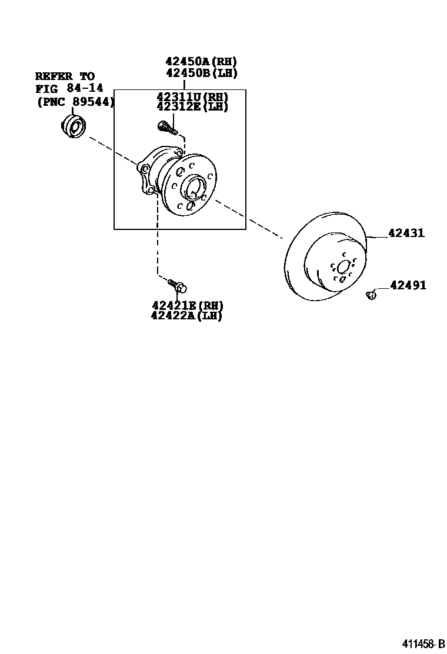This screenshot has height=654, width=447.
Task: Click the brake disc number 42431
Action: pyautogui.click(x=406, y=233)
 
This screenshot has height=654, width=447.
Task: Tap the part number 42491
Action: pyautogui.click(x=408, y=285)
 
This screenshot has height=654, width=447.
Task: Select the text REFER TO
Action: pyautogui.click(x=65, y=76)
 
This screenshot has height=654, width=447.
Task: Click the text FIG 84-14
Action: pyautogui.click(x=65, y=89)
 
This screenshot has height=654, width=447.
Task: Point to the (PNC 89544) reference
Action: pyautogui.click(x=75, y=101)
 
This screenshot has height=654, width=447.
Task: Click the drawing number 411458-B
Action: pyautogui.click(x=423, y=644)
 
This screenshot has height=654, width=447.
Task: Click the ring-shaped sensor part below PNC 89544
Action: pyautogui.click(x=74, y=126)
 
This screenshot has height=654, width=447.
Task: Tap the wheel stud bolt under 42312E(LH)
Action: pyautogui.click(x=165, y=126)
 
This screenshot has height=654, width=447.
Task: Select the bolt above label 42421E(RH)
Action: pyautogui.click(x=178, y=286)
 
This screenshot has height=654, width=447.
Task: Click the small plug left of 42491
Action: pyautogui.click(x=371, y=295)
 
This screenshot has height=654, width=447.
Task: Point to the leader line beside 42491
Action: pyautogui.click(x=382, y=288)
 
